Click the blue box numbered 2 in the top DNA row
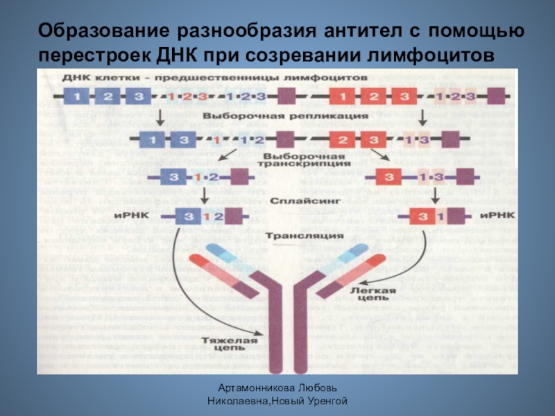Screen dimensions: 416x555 108,96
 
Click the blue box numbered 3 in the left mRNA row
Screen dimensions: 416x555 187,216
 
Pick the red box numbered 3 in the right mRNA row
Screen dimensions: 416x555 423,216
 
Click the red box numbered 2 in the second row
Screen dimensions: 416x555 342,140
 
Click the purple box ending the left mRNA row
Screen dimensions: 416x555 234,216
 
